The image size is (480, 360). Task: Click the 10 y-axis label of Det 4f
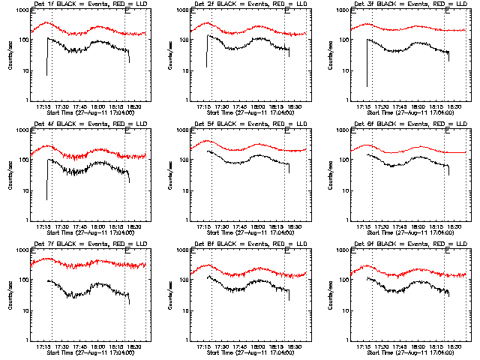[23, 191]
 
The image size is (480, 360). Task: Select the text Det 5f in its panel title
[205, 124]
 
